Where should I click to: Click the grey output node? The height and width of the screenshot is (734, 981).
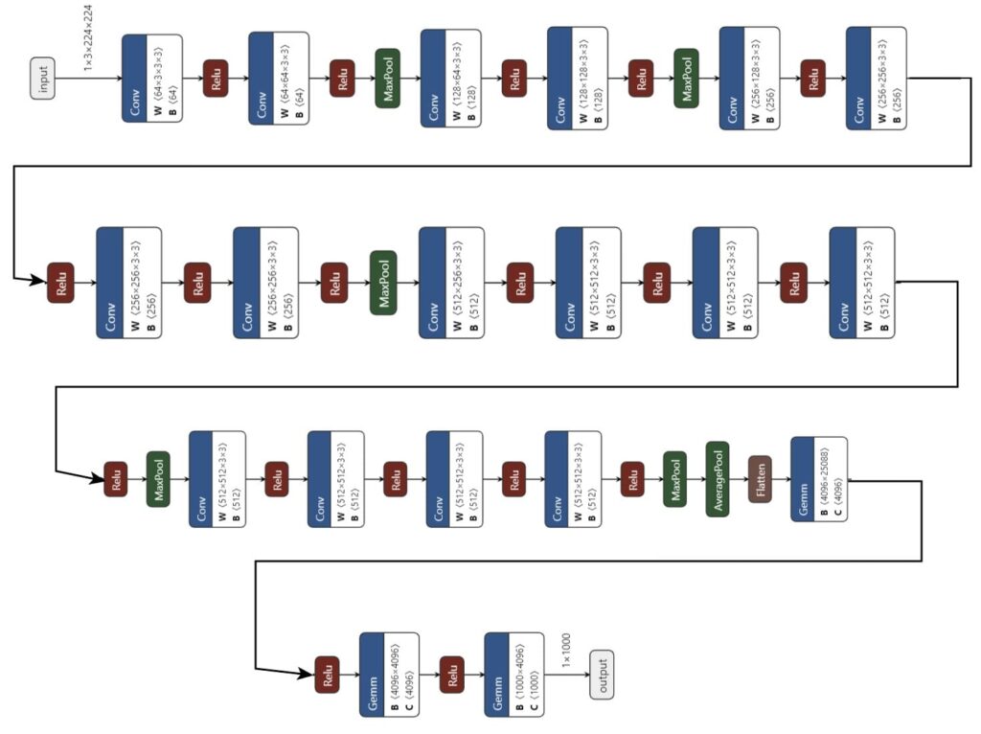coord(602,675)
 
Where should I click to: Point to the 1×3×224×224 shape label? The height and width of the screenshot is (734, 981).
coord(88,36)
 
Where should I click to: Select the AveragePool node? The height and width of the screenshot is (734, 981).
coord(718,479)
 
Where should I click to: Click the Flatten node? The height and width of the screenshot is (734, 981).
coord(761,479)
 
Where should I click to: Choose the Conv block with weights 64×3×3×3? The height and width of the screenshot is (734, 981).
coord(152,78)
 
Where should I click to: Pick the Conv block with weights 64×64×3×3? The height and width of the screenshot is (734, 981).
coord(279,78)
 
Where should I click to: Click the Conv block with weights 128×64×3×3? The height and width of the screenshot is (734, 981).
coord(449,78)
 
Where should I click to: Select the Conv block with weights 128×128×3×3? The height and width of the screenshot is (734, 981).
coord(578,78)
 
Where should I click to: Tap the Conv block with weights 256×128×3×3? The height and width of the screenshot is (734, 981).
coord(749,78)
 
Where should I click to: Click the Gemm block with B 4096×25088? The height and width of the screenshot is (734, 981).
coord(819,479)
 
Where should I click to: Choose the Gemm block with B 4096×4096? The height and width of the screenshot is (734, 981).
coord(389,675)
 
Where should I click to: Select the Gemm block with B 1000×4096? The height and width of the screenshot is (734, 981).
coord(513,675)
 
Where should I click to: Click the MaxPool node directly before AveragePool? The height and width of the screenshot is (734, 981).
coord(674,479)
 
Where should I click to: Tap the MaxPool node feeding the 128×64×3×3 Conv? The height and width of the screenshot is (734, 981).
coord(387,78)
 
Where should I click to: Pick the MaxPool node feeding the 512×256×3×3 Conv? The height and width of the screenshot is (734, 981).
coord(383,283)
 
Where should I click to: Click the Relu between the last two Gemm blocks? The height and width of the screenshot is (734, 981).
coord(451,675)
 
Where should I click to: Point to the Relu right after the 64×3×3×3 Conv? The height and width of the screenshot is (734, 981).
coord(216,78)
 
